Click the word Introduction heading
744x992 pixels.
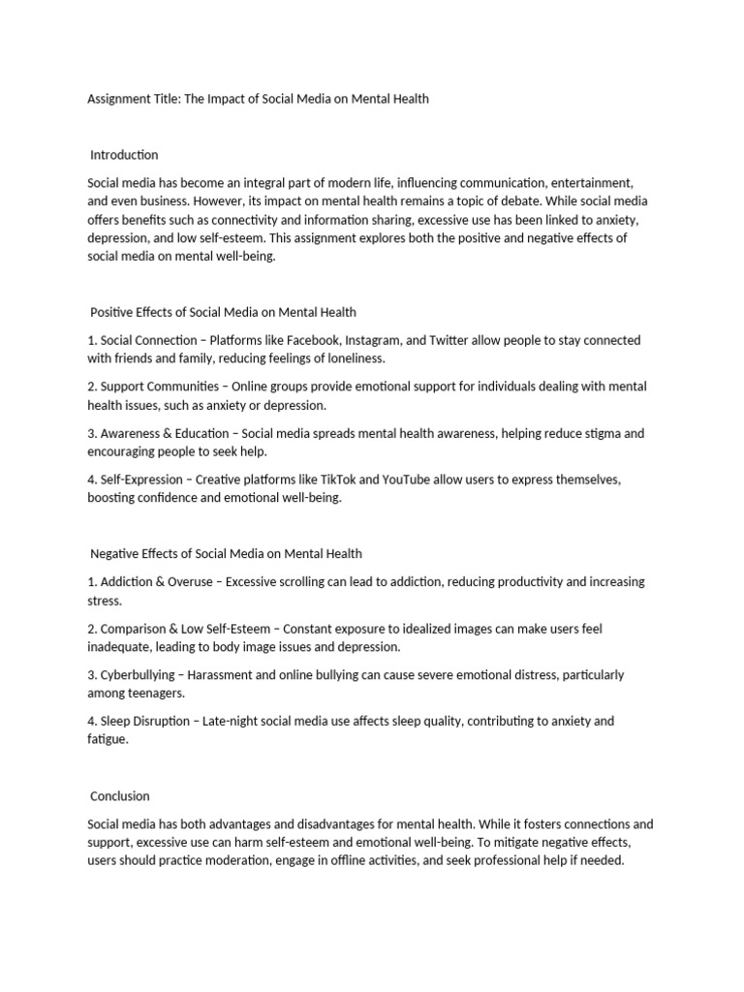124,155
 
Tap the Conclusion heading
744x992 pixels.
120,796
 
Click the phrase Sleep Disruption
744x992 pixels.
146,721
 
